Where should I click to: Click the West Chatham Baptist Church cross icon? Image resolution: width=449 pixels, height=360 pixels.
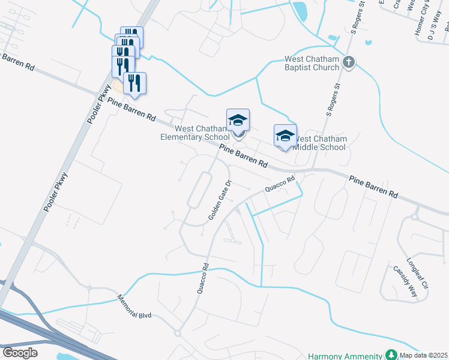(349, 62)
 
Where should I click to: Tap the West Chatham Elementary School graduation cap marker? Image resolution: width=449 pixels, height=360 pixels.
(238, 121)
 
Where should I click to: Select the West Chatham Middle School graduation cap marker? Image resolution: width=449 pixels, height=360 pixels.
(286, 136)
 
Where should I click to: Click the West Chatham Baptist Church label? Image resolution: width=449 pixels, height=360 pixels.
(312, 63)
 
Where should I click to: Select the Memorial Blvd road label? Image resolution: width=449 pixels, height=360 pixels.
(136, 307)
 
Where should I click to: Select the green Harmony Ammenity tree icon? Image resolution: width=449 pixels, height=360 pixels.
(391, 355)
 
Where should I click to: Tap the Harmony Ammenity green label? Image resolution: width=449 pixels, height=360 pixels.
(345, 356)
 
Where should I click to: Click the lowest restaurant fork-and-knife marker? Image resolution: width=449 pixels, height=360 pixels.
(134, 84)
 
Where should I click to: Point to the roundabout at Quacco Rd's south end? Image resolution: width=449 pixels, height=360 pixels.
(178, 333)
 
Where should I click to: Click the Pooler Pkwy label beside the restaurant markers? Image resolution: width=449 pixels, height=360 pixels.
(97, 108)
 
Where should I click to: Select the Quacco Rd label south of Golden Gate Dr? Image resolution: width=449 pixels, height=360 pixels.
(202, 278)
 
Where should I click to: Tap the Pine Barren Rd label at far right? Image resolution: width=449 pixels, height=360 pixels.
(374, 187)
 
